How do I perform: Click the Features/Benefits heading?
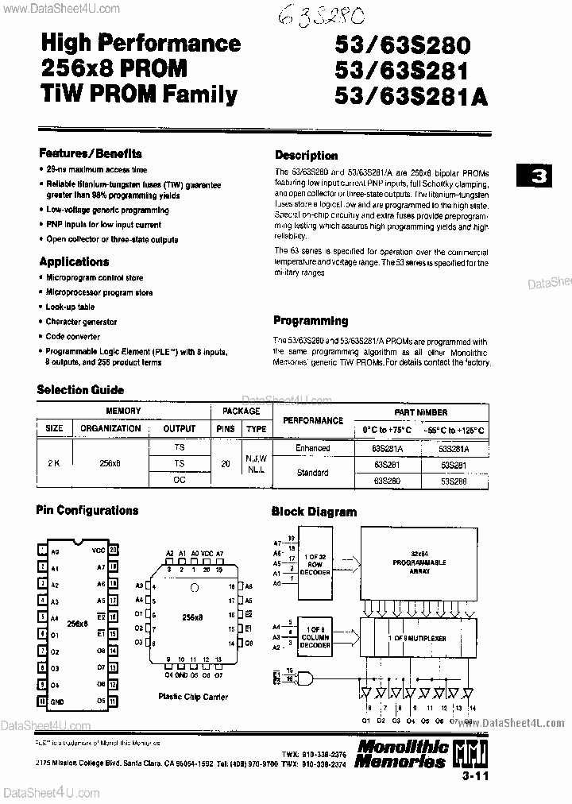click(x=90, y=153)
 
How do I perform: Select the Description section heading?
click(x=306, y=156)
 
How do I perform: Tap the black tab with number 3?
click(x=539, y=177)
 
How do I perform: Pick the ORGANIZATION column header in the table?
click(x=110, y=428)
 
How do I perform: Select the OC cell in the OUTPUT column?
click(x=179, y=480)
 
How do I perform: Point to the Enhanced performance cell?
click(x=312, y=449)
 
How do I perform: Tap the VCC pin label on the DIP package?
click(x=99, y=550)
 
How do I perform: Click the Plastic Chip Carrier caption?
click(x=192, y=697)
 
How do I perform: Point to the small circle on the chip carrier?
click(x=193, y=589)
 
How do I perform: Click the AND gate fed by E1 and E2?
click(x=303, y=677)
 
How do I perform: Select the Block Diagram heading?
click(x=314, y=512)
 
